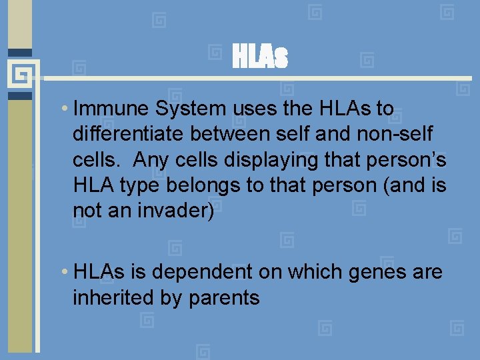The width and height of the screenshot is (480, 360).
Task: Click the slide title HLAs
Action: point(260,57)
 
